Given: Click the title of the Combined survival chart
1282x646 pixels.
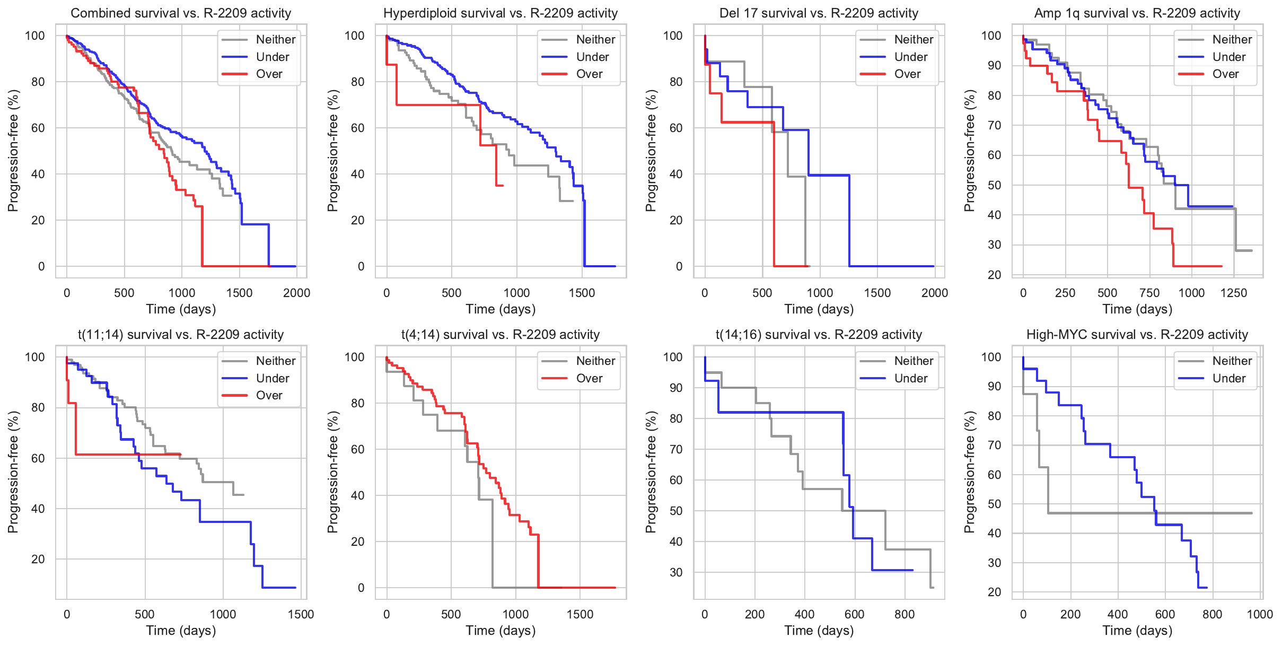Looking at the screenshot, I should click(181, 13).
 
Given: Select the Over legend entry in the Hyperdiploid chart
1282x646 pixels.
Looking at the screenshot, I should click(589, 74).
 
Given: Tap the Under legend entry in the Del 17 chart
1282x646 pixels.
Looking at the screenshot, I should click(910, 57).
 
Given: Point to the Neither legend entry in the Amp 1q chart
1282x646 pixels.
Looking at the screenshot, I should click(1232, 39).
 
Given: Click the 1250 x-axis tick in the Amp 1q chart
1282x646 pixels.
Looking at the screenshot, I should click(1233, 293).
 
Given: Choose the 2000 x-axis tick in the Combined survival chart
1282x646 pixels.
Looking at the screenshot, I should click(296, 293).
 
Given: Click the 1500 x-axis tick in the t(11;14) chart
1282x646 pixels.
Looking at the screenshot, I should click(301, 614).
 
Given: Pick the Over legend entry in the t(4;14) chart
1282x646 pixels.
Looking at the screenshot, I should click(589, 378).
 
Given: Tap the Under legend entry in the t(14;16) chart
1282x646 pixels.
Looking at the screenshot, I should click(910, 378).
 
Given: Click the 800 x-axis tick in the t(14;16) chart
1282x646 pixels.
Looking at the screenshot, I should click(904, 614).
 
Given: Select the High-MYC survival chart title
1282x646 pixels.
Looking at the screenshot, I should click(1137, 335).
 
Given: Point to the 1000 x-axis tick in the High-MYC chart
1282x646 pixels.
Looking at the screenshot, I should click(1259, 614).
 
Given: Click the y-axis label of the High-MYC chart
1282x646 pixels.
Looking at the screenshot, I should click(969, 472).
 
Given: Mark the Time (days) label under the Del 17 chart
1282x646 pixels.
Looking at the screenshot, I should click(819, 309).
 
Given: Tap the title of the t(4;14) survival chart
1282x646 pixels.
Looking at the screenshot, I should click(500, 335).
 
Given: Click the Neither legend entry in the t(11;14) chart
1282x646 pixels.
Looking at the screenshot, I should click(275, 361).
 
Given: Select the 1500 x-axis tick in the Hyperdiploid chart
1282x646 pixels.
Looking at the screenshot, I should click(582, 293).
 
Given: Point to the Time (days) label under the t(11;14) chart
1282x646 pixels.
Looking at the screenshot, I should click(181, 631).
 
